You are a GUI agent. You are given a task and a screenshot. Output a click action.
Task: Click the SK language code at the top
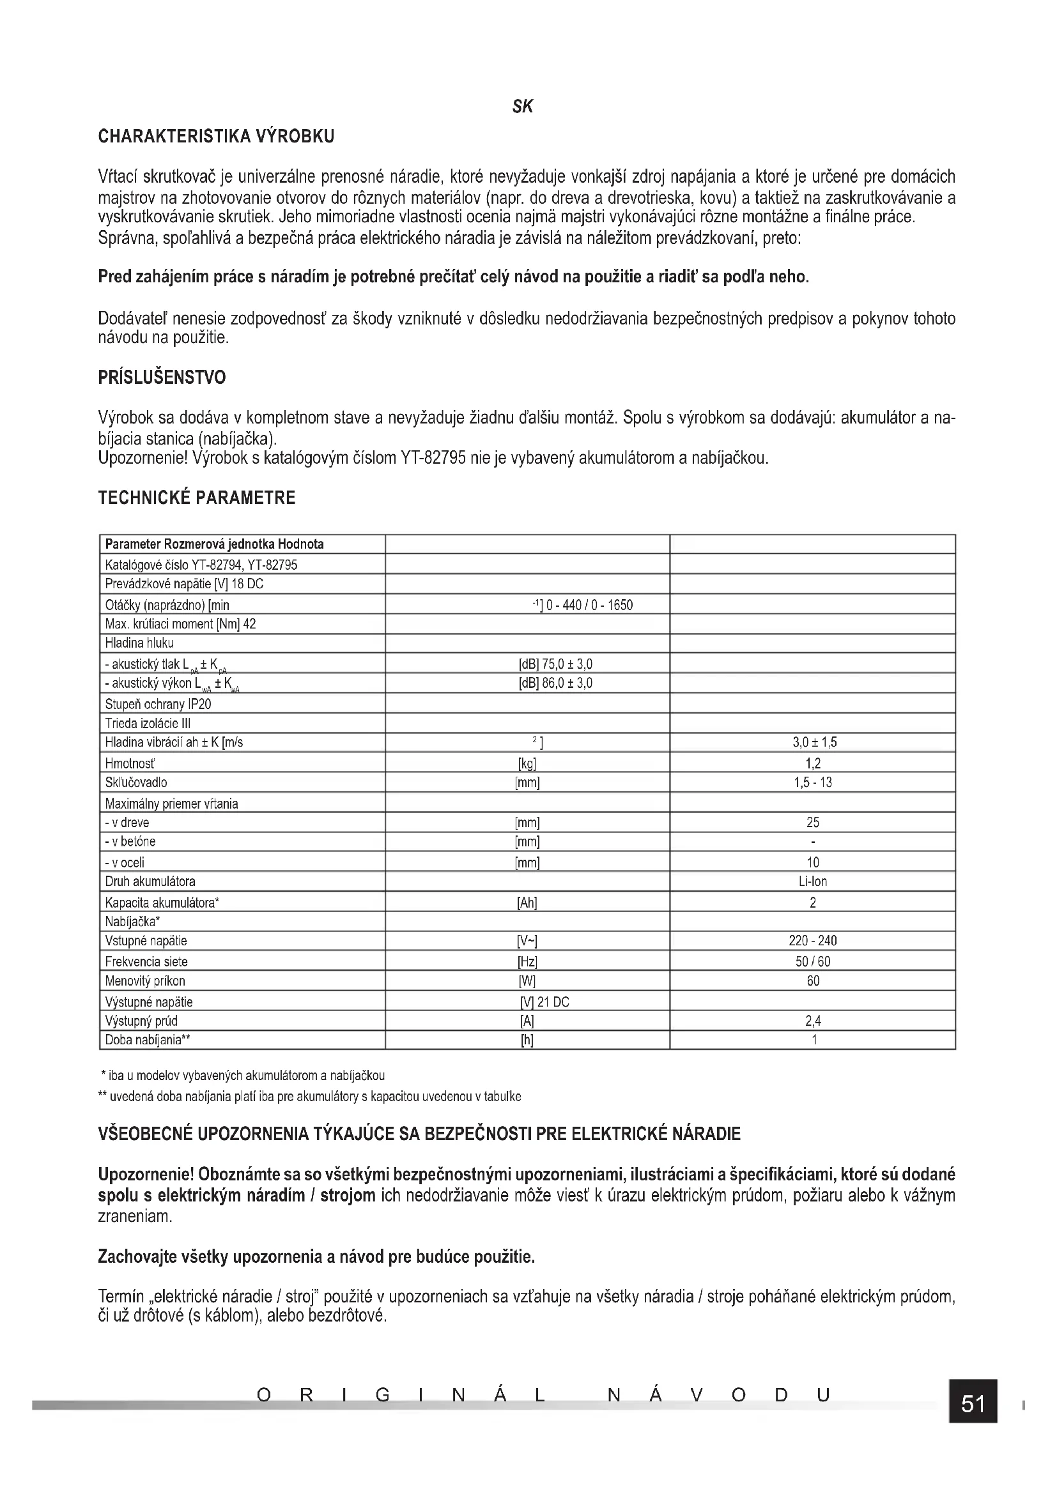(x=522, y=107)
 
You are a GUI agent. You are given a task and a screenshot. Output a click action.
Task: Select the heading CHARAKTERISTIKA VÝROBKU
(x=216, y=137)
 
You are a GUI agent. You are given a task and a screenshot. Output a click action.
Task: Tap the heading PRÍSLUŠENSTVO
(x=162, y=377)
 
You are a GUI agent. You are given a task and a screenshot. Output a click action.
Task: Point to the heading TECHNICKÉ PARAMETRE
(x=197, y=498)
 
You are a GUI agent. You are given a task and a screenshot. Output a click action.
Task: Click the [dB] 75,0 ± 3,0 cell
(x=555, y=664)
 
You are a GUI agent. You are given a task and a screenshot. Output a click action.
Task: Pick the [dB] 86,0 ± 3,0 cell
(x=555, y=683)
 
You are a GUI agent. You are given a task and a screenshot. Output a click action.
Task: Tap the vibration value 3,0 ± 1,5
(x=812, y=742)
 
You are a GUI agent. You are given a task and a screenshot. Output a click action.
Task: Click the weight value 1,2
(x=812, y=763)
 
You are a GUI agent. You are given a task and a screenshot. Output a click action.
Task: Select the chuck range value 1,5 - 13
(x=812, y=782)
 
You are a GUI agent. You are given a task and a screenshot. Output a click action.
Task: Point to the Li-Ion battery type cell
(x=812, y=881)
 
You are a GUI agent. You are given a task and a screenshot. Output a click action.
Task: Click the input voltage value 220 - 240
(x=812, y=941)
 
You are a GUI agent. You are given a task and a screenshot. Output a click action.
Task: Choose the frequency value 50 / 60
(x=812, y=962)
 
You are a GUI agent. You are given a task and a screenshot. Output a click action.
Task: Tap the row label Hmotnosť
(x=130, y=763)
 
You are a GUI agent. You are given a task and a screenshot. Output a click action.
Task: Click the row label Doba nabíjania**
(x=148, y=1040)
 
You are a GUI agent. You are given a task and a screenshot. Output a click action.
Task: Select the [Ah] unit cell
(x=527, y=903)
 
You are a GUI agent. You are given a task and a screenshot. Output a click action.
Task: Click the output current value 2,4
(x=812, y=1021)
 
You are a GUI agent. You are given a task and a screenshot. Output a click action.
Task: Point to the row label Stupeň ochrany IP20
(x=158, y=704)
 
